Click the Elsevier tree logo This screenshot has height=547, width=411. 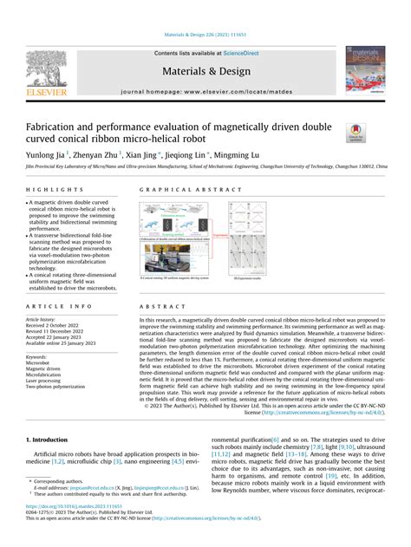45,68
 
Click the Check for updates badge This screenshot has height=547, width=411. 356,132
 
